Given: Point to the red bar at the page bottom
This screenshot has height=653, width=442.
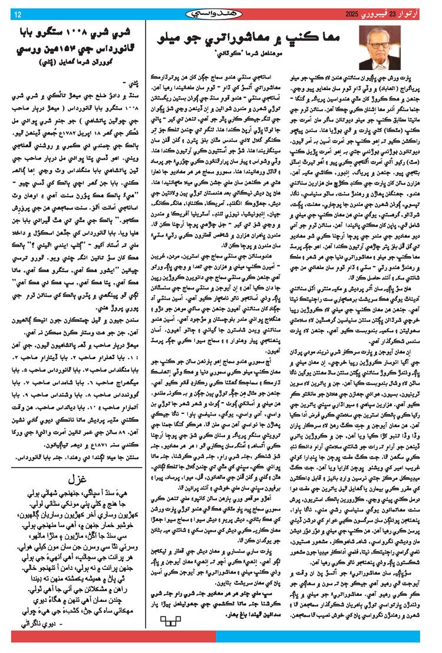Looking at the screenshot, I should tap(221, 648).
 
